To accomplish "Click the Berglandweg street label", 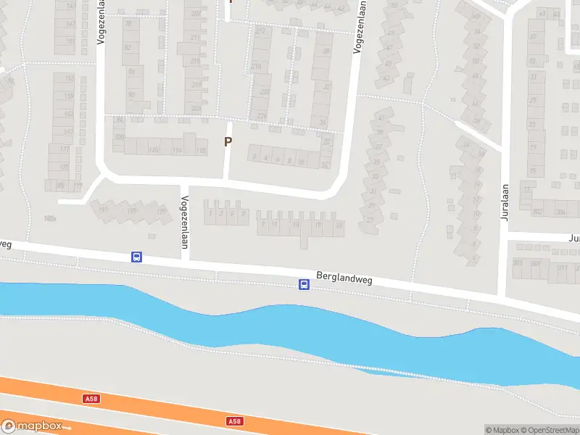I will coord(344,278).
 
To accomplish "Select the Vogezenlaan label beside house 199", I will coord(185,222).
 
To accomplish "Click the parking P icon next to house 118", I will coord(228,142).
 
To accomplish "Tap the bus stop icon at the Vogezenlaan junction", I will coord(136,257).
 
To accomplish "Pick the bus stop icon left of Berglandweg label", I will coord(304,285).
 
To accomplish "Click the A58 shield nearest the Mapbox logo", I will coord(91,398).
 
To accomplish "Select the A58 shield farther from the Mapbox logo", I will coord(233,421).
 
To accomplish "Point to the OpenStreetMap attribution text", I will coord(550,430).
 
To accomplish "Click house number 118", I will coord(201,150).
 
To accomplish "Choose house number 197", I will coord(103,210).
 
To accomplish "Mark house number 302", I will coord(537,212).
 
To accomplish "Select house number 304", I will coord(560,212).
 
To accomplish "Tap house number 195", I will coord(132,211).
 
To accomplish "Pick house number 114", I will coord(178,150).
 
